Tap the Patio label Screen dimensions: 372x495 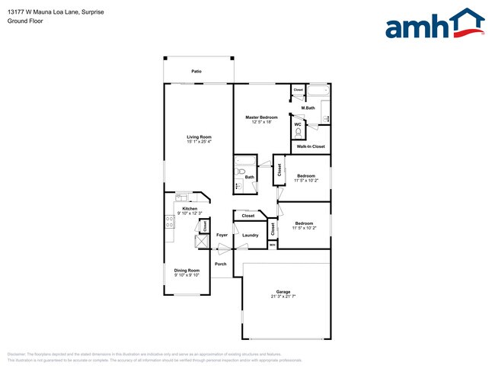[x=196, y=70]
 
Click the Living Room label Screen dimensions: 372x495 [x=199, y=136]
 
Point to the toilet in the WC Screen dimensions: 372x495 [x=299, y=131]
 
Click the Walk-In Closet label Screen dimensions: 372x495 [x=311, y=146]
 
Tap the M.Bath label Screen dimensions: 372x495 [x=308, y=108]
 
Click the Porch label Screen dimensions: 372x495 [x=220, y=264]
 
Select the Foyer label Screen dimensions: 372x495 [x=222, y=236]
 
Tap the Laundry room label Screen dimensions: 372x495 [x=251, y=236]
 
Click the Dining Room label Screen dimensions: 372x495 [x=187, y=270]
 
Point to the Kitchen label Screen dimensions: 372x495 [x=189, y=208]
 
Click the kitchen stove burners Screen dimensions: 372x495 [x=169, y=222]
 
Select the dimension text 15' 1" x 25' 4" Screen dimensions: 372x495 [x=199, y=141]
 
